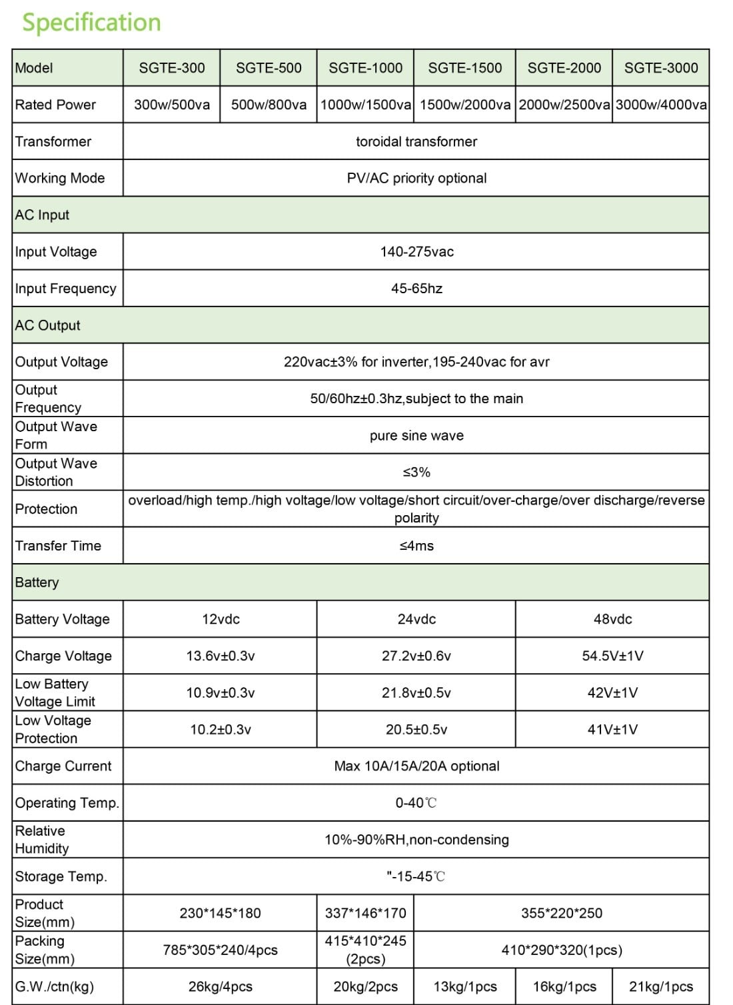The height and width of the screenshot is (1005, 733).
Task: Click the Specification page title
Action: click(92, 22)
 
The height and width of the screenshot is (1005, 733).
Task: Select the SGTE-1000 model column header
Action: click(365, 68)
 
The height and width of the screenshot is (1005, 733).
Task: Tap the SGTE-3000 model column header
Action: click(660, 68)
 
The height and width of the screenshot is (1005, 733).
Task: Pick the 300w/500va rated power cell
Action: click(172, 105)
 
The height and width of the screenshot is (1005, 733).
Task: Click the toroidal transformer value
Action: click(416, 141)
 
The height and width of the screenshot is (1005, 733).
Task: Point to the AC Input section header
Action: click(43, 215)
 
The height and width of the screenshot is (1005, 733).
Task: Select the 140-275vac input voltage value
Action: click(416, 252)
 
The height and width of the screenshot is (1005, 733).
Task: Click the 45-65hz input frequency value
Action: click(416, 289)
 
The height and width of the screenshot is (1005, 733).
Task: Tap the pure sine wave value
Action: click(416, 436)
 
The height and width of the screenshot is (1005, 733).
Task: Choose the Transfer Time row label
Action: click(59, 546)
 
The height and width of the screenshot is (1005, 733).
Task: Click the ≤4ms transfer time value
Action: click(416, 546)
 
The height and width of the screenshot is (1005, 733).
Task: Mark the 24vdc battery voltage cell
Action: click(416, 619)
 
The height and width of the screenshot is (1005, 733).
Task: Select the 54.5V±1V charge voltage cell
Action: click(612, 656)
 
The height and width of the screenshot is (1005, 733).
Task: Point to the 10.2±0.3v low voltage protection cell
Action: click(221, 730)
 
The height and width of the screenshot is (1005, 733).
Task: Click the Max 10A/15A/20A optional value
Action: click(416, 766)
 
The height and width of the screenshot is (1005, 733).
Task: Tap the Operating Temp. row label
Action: click(67, 803)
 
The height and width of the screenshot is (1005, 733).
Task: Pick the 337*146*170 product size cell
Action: click(365, 913)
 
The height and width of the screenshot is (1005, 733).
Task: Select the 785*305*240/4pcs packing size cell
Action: click(221, 950)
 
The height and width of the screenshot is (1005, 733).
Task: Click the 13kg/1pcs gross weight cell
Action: click(465, 987)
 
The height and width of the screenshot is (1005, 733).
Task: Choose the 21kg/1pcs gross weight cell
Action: click(660, 987)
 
